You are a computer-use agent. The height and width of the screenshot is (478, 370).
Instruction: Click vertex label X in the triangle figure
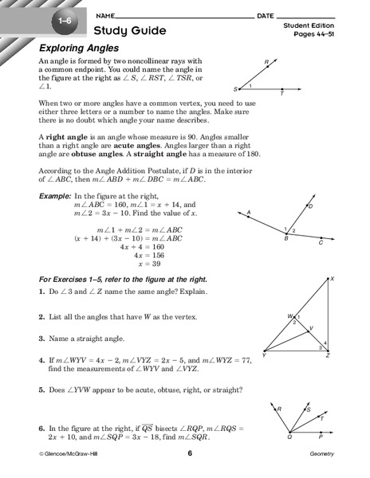point(332,278)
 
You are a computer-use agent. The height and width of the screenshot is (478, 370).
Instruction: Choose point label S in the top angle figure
point(235,89)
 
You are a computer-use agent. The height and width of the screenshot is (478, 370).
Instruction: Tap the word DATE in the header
point(266,16)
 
